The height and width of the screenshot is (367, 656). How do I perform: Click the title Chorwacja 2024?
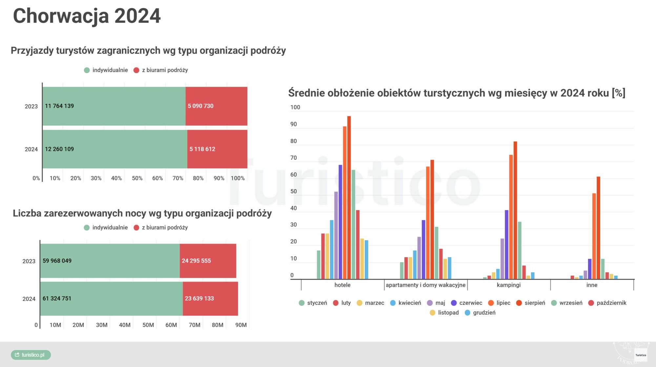pyautogui.click(x=87, y=16)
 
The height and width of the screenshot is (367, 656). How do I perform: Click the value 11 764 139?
pyautogui.click(x=59, y=106)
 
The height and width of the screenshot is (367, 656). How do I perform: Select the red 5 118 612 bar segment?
pyautogui.click(x=217, y=149)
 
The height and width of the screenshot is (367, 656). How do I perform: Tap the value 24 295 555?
pyautogui.click(x=196, y=261)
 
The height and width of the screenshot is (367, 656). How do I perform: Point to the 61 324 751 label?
pyautogui.click(x=57, y=299)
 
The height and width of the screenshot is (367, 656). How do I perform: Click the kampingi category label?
pyautogui.click(x=508, y=285)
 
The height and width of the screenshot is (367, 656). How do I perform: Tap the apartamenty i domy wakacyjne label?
pyautogui.click(x=425, y=285)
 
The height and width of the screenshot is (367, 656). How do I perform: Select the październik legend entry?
pyautogui.click(x=607, y=303)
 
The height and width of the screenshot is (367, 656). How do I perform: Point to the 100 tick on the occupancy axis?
pyautogui.click(x=295, y=107)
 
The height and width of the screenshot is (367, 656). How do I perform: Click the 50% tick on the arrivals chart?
pyautogui.click(x=137, y=178)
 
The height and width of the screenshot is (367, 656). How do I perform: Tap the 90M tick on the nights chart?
pyautogui.click(x=241, y=325)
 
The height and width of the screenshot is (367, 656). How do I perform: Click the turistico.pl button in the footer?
pyautogui.click(x=31, y=355)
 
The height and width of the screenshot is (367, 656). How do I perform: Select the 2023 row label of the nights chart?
pyautogui.click(x=29, y=261)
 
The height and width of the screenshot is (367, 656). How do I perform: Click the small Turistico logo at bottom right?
pyautogui.click(x=641, y=355)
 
